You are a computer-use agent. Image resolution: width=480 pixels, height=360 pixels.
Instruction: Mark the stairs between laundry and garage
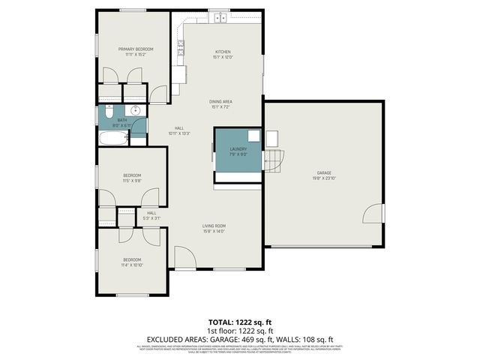[x=275, y=159]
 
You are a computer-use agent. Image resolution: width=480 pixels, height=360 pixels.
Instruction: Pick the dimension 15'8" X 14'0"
[x=214, y=232]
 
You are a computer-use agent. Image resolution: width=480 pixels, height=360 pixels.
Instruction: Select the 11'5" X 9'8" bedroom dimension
[x=132, y=181]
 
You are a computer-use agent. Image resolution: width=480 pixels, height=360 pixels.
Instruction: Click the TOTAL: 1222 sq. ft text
[x=239, y=322]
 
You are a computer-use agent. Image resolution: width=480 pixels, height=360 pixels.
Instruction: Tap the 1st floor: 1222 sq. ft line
[x=239, y=331]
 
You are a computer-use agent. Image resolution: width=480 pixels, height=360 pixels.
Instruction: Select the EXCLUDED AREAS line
[x=239, y=339]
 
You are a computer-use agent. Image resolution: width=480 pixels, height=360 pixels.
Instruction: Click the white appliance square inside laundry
[x=254, y=136]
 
